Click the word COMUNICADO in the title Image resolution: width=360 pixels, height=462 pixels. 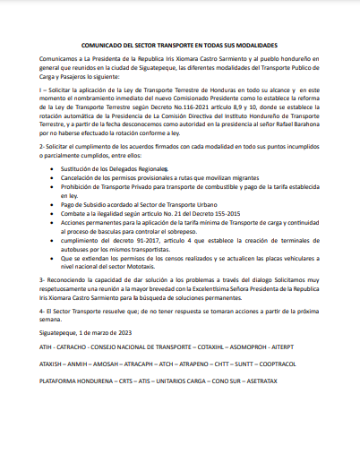pyautogui.click(x=99, y=44)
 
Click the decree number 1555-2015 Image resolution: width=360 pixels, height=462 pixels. pyautogui.click(x=204, y=214)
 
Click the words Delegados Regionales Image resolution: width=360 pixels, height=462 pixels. pyautogui.click(x=141, y=168)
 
